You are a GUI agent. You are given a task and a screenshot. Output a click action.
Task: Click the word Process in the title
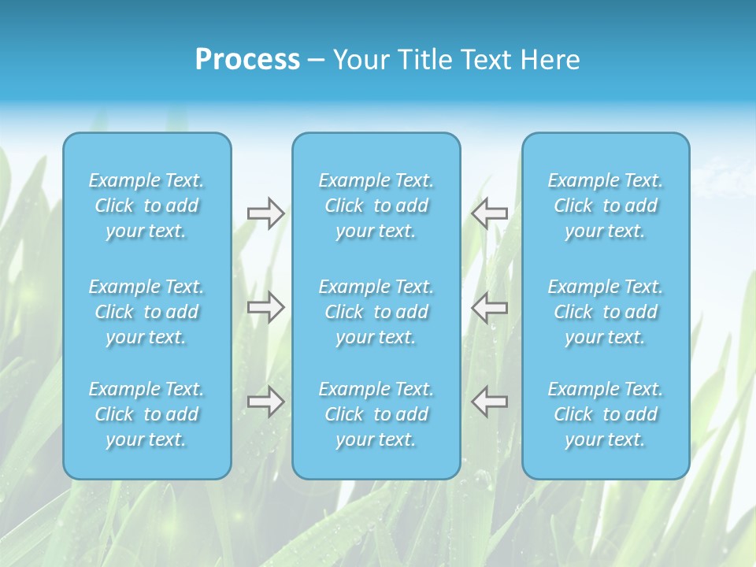247,60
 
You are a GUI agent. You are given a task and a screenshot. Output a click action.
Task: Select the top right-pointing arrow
265,213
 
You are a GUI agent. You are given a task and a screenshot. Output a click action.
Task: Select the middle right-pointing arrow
265,306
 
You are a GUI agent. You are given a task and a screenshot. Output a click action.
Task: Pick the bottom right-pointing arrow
265,402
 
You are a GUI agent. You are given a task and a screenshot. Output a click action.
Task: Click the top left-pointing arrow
489,213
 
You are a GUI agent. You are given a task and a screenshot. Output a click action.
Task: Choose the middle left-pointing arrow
489,306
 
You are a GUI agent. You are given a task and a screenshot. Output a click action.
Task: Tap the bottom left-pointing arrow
489,402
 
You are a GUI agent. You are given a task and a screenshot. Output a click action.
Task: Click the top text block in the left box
146,206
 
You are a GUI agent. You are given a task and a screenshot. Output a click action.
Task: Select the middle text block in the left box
146,312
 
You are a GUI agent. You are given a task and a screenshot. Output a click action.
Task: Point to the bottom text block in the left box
146,414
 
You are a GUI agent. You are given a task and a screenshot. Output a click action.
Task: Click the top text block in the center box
376,206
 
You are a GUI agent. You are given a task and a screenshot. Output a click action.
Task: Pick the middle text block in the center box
376,312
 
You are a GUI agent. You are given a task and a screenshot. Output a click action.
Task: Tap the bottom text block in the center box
376,414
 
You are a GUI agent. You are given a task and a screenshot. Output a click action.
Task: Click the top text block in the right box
606,206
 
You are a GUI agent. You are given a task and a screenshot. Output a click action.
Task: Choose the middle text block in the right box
606,312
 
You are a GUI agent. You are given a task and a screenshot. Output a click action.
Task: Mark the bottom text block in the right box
606,414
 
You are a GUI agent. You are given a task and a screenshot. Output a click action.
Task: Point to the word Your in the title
358,60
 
